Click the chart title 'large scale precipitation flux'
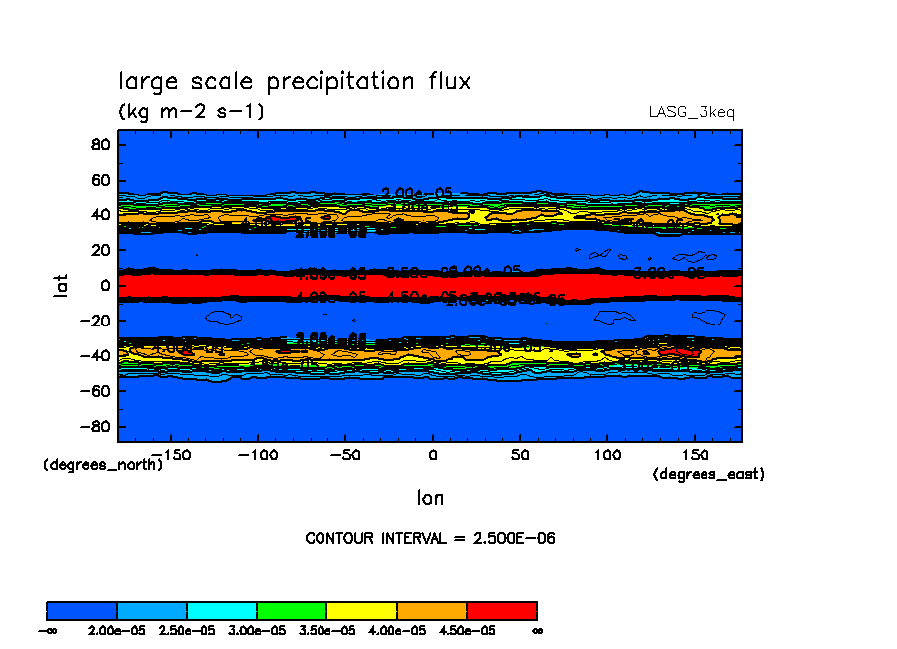coord(295,82)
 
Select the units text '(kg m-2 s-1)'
coord(192,111)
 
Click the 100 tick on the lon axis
coord(606,454)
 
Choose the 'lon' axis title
coord(430,497)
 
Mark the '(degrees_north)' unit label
coord(103,464)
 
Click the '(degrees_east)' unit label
coord(708,475)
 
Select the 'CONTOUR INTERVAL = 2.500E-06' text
coord(430,539)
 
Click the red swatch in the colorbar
coord(502,610)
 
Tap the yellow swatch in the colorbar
coord(362,610)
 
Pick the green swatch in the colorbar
coord(292,610)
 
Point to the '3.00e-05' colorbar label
coord(257,630)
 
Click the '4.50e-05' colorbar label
coord(466,630)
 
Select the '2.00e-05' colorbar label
coord(117,630)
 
